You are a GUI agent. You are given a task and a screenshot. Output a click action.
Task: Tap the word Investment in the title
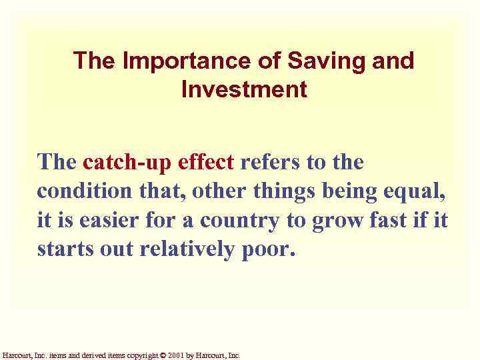pos(243,89)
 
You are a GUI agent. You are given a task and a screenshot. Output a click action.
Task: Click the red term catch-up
pos(125,162)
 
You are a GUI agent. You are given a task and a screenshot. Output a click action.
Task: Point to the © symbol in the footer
pos(164,355)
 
